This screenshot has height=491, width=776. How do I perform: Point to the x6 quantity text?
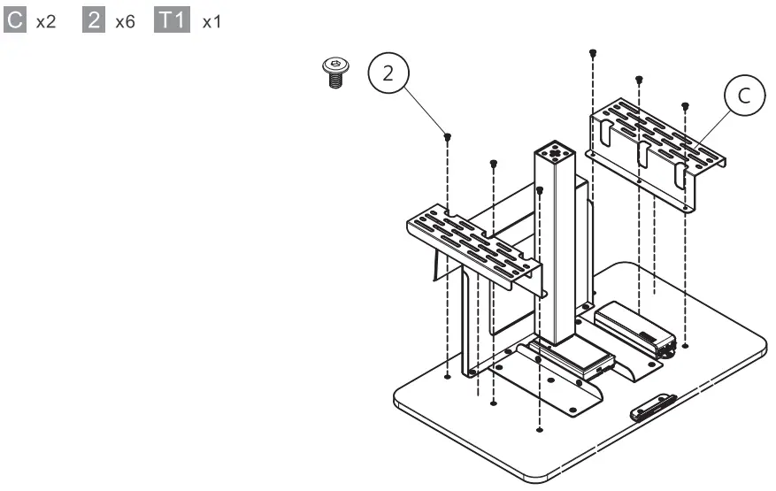coord(125,21)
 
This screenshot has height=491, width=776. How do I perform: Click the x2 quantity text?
coord(46,21)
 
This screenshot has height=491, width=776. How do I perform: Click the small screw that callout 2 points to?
coord(449,136)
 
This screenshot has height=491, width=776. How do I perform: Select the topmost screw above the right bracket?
coord(592,53)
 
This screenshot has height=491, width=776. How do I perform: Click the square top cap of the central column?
coord(555,151)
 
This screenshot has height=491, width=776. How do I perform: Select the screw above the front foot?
coord(540,188)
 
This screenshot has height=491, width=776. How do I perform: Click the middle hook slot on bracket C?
coord(643,154)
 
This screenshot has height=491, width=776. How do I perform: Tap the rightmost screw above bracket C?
coord(684,106)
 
